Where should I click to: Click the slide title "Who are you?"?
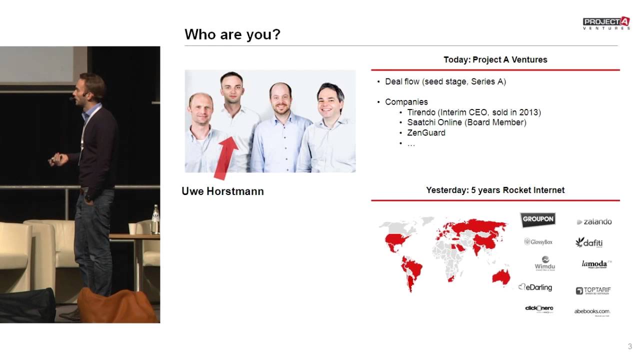[x=232, y=34]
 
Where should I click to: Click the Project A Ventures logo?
[x=606, y=23]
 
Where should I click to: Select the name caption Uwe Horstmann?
[x=222, y=191]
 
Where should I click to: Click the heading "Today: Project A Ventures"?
[x=495, y=59]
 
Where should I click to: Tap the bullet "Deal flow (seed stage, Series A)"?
[x=445, y=81]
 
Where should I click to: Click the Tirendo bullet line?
[x=473, y=112]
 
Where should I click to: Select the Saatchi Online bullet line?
[x=466, y=122]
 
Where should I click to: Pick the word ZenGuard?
[x=426, y=133]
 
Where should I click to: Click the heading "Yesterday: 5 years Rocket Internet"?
[x=495, y=190]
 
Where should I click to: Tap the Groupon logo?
[x=538, y=219]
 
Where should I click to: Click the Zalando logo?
[x=594, y=221]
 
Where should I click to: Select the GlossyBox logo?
[x=538, y=242]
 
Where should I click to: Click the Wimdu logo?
[x=544, y=263]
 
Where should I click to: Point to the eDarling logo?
[x=535, y=287]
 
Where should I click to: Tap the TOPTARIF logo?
[x=593, y=290]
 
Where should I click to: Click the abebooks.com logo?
[x=592, y=311]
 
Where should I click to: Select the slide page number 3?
[x=629, y=346]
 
